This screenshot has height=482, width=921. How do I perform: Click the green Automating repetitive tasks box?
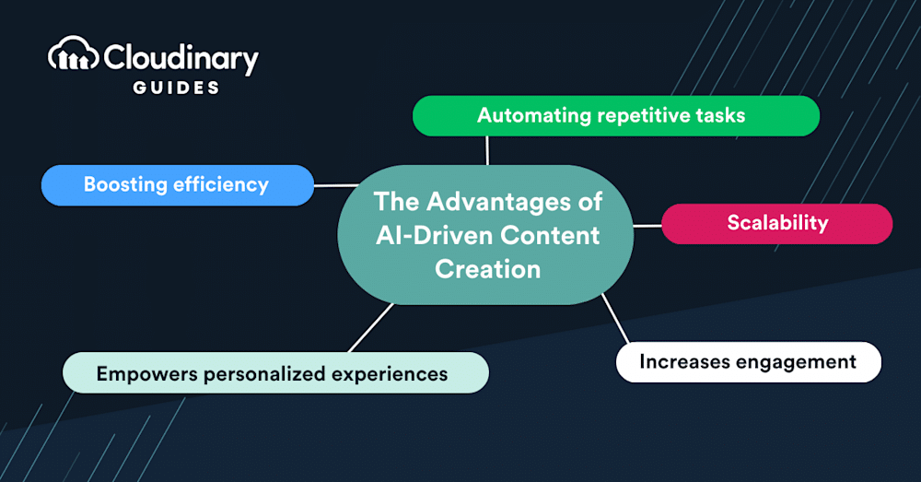point(615,116)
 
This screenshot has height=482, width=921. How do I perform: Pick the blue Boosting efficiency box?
point(178,184)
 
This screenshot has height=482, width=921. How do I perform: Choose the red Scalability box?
point(776,223)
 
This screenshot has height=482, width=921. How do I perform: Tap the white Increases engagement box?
point(748,361)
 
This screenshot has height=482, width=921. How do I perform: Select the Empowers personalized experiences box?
point(274,373)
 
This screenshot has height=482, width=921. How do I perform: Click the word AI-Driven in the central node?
point(433,235)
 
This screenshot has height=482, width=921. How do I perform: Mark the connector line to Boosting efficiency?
point(336,184)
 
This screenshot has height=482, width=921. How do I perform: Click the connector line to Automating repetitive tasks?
point(487,150)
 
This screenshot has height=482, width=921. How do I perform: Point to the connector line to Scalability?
point(647,224)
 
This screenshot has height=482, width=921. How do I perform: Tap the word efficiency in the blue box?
point(221,184)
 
